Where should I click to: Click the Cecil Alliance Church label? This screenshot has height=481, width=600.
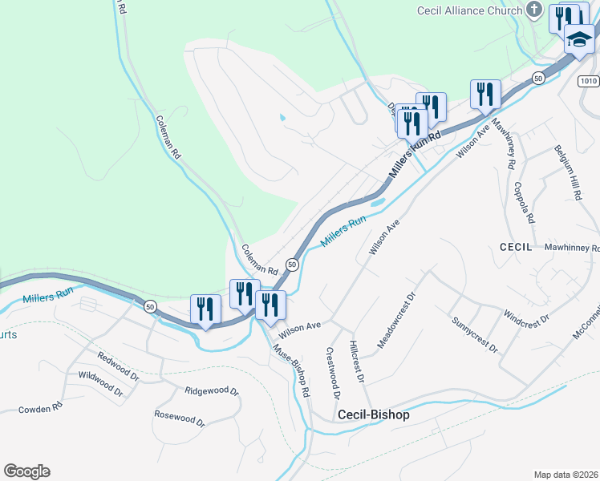tap(462, 10)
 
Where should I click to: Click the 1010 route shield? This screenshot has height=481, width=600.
tap(589, 81)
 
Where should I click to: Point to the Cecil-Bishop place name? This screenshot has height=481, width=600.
tap(374, 415)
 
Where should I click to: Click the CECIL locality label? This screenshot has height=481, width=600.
tap(517, 248)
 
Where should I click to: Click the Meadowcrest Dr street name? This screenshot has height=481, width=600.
tap(397, 319)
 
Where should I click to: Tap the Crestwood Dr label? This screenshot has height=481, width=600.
tap(333, 373)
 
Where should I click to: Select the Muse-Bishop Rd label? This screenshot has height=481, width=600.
tap(291, 370)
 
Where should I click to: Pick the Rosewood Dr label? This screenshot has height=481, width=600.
tap(181, 418)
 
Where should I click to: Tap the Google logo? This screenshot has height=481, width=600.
tap(26, 471)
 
